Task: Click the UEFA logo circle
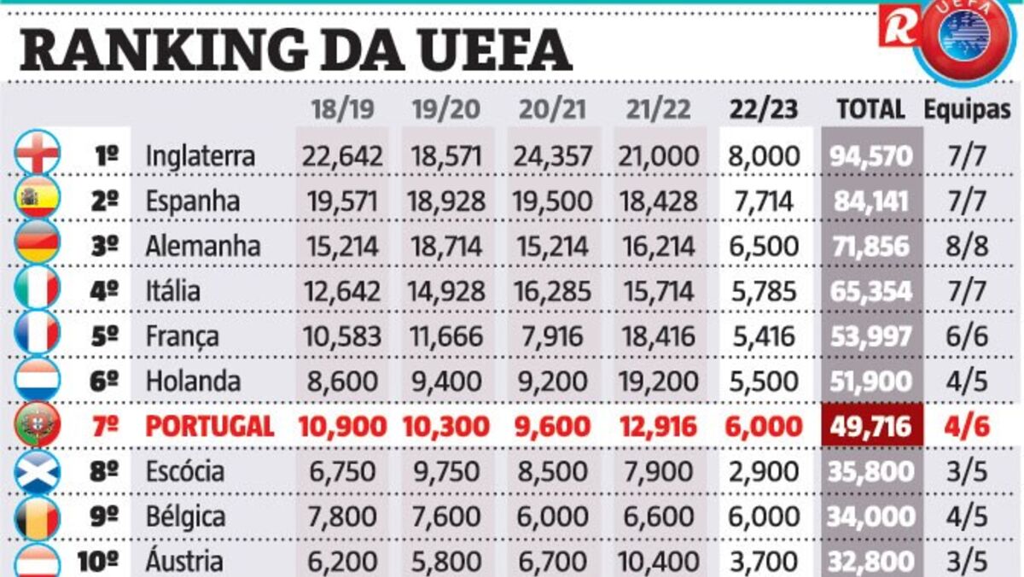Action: tap(964, 37)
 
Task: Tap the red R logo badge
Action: tap(899, 26)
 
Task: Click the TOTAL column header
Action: tap(870, 109)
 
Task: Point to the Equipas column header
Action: tap(967, 109)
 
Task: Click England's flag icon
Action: tap(38, 154)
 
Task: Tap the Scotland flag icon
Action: tap(38, 470)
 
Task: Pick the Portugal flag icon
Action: tap(38, 425)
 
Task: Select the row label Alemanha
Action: tap(202, 247)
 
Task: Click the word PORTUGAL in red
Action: tap(210, 426)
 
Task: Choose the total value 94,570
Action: tap(870, 156)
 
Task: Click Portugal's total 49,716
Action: tap(870, 426)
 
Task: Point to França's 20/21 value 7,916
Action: tap(553, 336)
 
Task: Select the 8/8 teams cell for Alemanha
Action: tap(968, 247)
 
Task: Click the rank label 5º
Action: tap(105, 336)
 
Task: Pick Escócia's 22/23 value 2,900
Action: tap(765, 471)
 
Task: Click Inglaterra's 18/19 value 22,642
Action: tap(341, 156)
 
